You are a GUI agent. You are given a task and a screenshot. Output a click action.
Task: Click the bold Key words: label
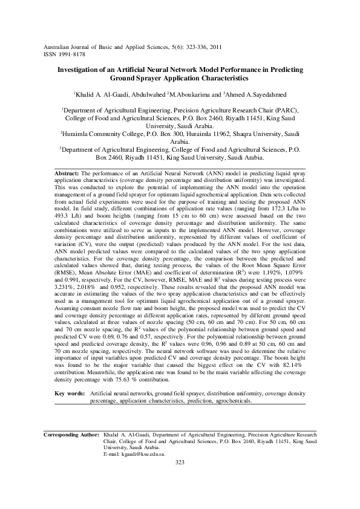click(68, 393)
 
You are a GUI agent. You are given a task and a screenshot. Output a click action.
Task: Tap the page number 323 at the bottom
click(179, 462)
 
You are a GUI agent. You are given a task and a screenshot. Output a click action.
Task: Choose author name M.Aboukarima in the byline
click(189, 94)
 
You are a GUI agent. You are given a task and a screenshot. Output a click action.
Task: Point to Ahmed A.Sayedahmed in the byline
click(257, 94)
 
